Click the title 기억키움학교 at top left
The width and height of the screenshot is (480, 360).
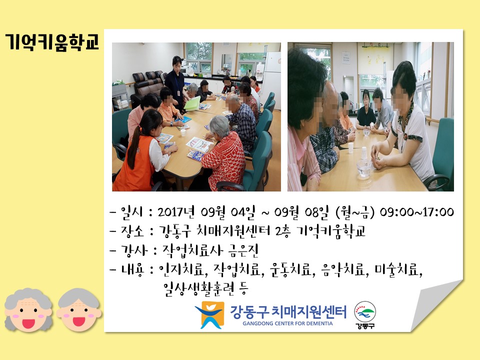point(52,41)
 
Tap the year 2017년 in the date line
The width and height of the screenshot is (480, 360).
point(176,211)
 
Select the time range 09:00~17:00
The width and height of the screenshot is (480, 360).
point(416,212)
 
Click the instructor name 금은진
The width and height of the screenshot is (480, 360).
point(243,250)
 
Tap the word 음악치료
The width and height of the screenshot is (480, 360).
point(343,269)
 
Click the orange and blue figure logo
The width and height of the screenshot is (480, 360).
point(210,314)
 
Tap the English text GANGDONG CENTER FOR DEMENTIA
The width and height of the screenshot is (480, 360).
point(287,323)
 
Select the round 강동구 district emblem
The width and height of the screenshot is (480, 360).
point(365,315)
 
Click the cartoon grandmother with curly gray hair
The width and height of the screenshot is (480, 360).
point(28,310)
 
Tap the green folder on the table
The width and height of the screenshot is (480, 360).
point(192,104)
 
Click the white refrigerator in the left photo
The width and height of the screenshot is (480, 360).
point(271,76)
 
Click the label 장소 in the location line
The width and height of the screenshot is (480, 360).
point(132,231)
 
